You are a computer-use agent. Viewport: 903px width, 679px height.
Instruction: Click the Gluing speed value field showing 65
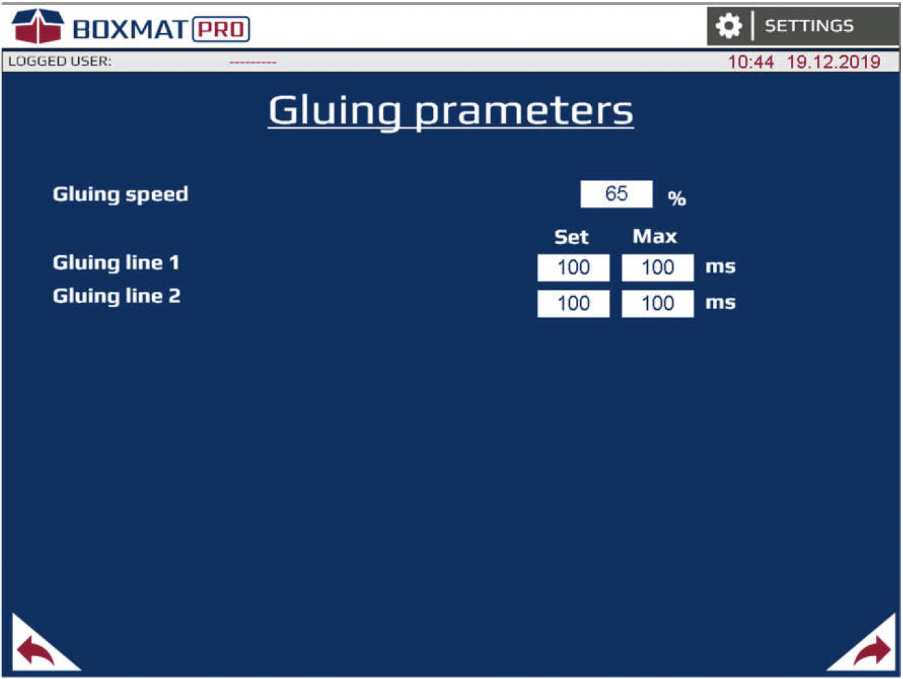point(616,194)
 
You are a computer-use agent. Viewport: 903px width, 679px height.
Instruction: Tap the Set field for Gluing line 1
point(573,268)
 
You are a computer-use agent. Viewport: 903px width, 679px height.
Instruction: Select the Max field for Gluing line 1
point(658,268)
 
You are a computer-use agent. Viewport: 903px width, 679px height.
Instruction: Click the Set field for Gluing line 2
point(573,304)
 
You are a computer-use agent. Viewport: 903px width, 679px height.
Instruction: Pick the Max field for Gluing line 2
point(658,304)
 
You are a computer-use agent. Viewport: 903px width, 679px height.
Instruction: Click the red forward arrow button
point(872,650)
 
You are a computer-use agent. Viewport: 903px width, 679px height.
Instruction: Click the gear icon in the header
point(729,26)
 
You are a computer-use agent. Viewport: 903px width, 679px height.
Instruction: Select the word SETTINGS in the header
point(809,26)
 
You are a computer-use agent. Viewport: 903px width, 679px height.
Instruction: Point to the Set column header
point(571,237)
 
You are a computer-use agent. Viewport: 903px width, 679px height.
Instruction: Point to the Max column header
point(655,236)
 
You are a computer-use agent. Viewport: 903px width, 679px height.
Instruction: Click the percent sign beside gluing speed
point(677,198)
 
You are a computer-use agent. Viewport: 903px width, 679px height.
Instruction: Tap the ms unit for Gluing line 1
point(720,267)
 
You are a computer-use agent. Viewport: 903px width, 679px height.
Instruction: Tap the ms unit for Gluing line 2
point(720,303)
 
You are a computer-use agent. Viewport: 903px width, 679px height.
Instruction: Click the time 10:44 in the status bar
point(751,62)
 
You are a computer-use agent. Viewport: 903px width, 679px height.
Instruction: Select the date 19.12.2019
point(833,62)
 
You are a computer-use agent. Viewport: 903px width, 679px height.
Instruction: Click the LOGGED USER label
point(60,62)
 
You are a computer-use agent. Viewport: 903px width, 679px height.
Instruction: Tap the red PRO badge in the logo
point(221,29)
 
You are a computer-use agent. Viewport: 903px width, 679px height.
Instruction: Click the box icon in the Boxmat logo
point(38,26)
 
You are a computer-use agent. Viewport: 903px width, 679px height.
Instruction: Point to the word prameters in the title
point(523,111)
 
